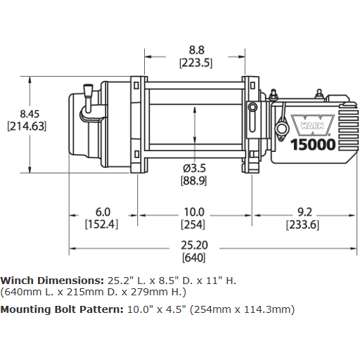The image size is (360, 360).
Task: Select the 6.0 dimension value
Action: coord(103,212)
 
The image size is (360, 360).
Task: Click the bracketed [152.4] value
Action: coord(101,224)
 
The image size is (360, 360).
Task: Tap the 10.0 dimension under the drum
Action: coord(193,212)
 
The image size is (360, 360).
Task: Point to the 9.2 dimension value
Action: coord(303,212)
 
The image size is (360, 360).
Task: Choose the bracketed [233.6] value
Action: coord(303,224)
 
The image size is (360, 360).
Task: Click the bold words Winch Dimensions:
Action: coord(51,280)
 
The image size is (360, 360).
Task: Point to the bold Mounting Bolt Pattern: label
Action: coord(61,309)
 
